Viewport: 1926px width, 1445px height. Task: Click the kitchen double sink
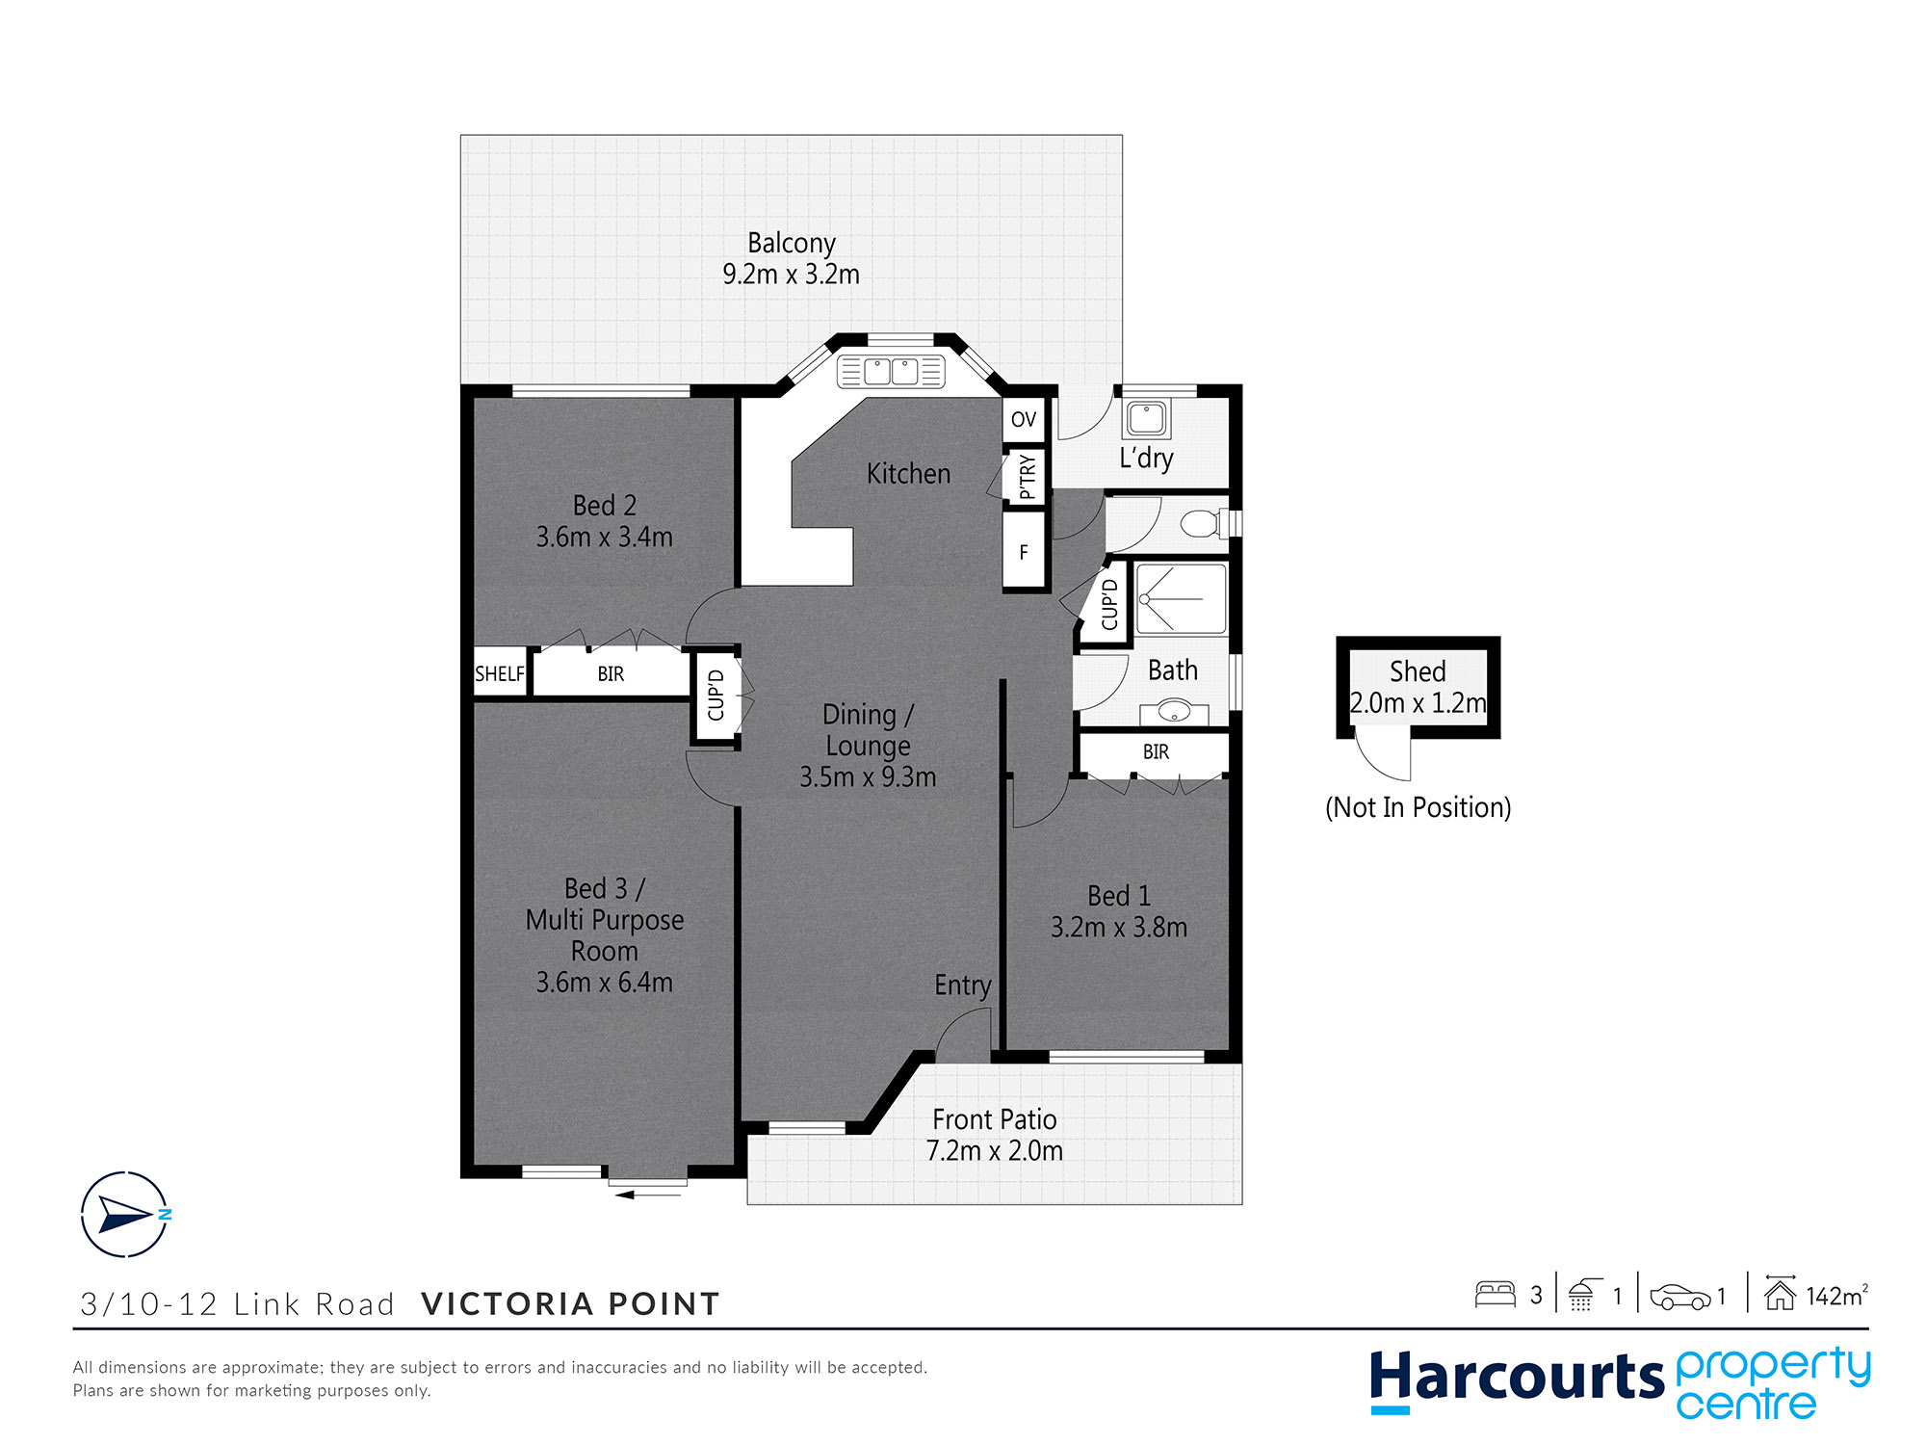[x=890, y=371]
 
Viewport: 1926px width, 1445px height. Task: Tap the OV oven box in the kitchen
[x=1024, y=419]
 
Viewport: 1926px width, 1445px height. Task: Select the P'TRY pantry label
[x=1027, y=476]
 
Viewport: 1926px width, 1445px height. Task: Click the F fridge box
[x=1024, y=552]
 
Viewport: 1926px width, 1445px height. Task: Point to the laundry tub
[x=1146, y=419]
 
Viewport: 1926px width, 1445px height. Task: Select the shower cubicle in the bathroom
[x=1181, y=599]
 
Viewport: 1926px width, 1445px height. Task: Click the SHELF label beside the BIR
[x=499, y=673]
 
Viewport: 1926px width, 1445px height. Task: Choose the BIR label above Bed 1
[x=1156, y=751]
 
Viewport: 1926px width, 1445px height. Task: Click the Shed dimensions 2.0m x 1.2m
[x=1418, y=703]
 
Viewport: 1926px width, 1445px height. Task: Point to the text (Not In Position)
[x=1418, y=807]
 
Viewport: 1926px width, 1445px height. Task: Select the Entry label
[x=962, y=985]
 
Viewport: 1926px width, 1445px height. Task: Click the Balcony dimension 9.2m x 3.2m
[x=791, y=275]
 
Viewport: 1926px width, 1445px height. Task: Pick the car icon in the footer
[x=1679, y=1297]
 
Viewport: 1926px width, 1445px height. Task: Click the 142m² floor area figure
[x=1835, y=1296]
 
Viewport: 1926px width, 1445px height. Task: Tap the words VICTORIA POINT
[x=570, y=1303]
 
